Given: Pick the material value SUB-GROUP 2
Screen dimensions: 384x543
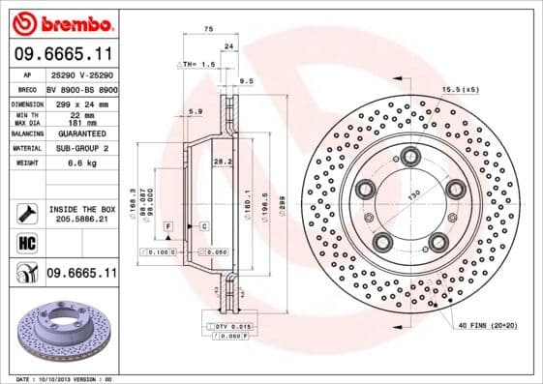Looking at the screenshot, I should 80,148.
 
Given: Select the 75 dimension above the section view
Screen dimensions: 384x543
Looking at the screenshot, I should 207,30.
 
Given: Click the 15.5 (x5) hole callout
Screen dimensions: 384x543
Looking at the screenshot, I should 459,89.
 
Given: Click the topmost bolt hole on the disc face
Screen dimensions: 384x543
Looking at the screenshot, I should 411,155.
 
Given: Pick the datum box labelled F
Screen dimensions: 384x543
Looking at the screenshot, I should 168,225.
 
